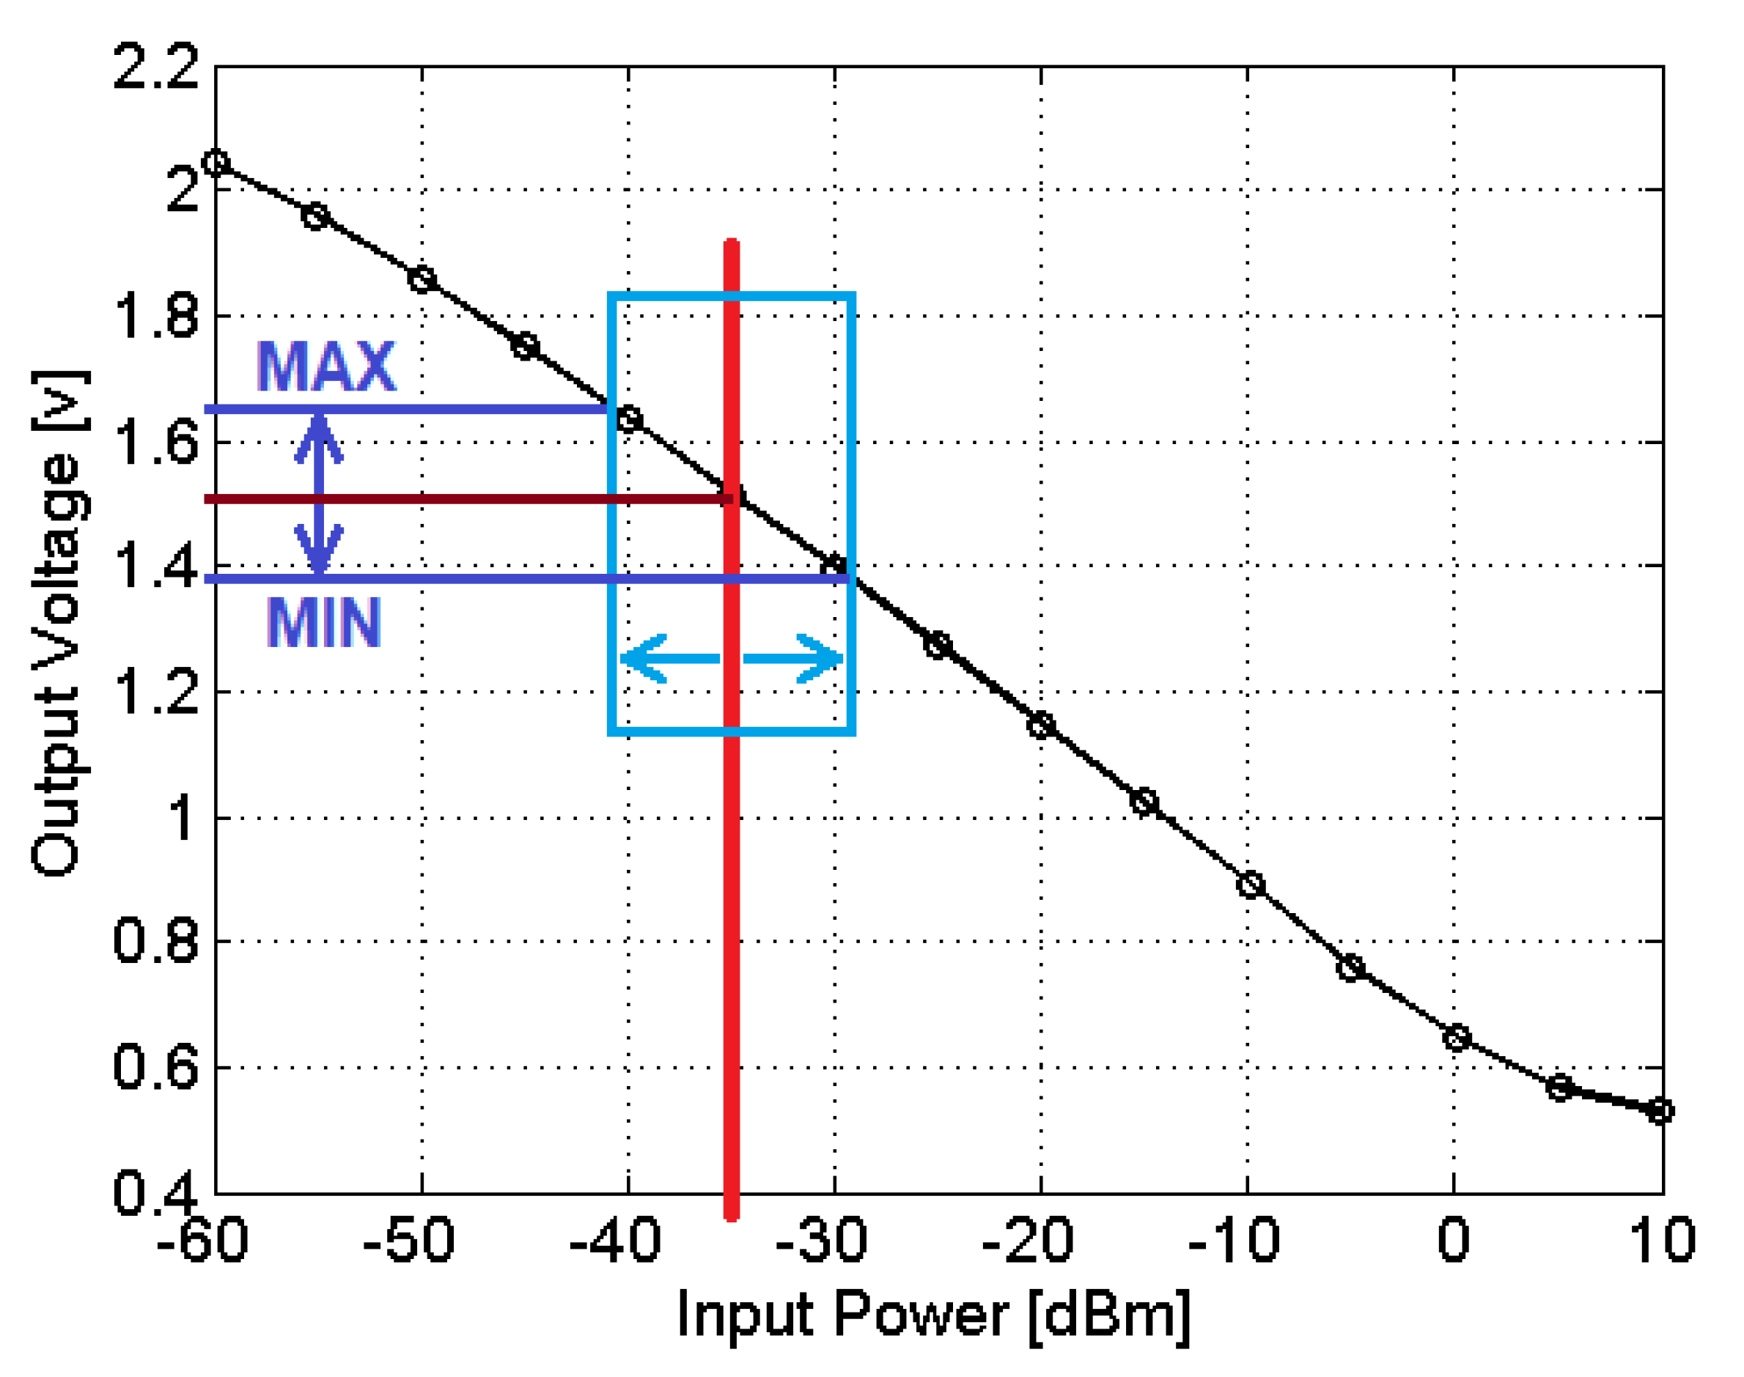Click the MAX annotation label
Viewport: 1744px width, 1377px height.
coord(325,367)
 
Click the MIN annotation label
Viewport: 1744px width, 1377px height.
coord(323,622)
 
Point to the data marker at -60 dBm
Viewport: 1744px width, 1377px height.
coord(216,163)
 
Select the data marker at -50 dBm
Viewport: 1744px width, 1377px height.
coord(422,280)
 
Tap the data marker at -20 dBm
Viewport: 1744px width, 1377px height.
coord(1041,725)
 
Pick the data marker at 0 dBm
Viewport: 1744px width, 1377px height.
coord(1455,1038)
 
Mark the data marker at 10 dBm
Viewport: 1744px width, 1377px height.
coord(1660,1111)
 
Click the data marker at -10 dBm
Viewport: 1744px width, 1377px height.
coord(1250,885)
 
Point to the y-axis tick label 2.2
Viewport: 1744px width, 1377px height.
coord(155,67)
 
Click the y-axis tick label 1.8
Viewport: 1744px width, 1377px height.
coord(155,316)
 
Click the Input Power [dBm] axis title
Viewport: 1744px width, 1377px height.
coord(933,1315)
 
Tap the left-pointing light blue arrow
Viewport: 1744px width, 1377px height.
coord(669,659)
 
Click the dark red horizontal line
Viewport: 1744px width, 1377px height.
coord(468,499)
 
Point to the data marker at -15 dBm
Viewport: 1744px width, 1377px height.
coord(1144,803)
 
